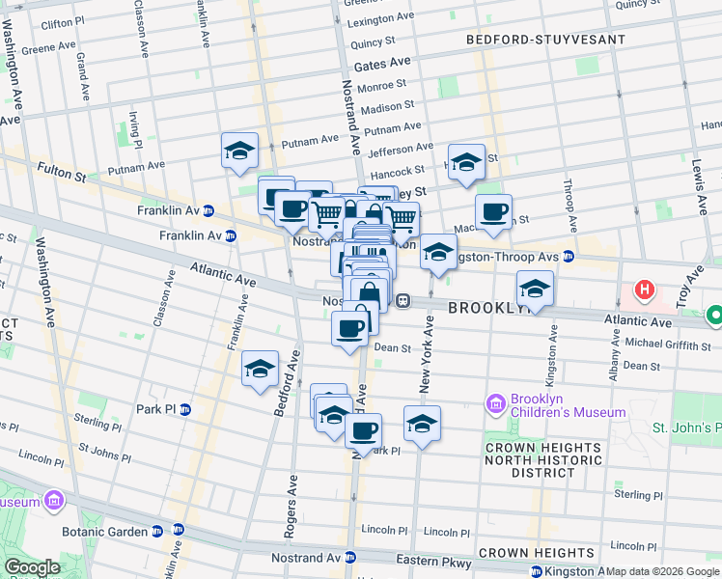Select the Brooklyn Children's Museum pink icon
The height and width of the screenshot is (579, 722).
pyautogui.click(x=496, y=402)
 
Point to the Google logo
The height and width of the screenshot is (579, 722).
pyautogui.click(x=32, y=567)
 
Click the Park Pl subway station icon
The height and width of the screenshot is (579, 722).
pyautogui.click(x=185, y=409)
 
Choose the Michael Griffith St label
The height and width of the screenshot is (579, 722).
pyautogui.click(x=668, y=345)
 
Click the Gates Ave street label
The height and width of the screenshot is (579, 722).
pyautogui.click(x=382, y=65)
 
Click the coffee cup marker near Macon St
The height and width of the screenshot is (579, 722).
pyautogui.click(x=493, y=211)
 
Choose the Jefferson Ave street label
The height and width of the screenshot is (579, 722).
pyautogui.click(x=400, y=149)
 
